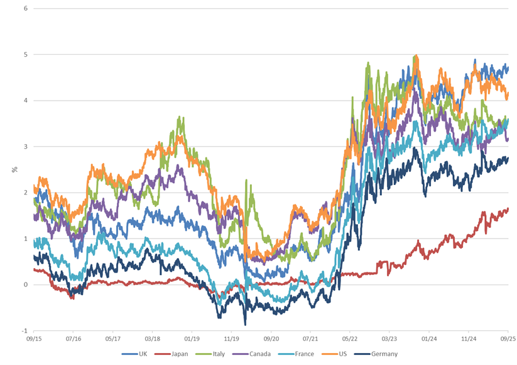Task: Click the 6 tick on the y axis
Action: pos(25,8)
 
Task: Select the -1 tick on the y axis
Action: pos(24,331)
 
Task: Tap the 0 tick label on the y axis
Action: pos(25,285)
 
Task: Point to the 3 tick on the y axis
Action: pos(25,147)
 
